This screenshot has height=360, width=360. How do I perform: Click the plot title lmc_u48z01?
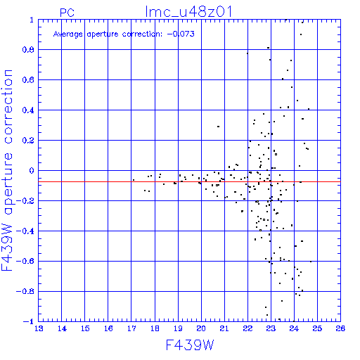[188, 12]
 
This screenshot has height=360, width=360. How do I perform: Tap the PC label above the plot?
[67, 13]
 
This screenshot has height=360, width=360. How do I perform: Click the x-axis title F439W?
[190, 345]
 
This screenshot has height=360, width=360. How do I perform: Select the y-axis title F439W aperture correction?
[7, 170]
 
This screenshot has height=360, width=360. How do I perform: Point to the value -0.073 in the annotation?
[181, 34]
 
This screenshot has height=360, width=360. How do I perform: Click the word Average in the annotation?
[68, 34]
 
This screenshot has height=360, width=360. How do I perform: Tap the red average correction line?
[189, 181]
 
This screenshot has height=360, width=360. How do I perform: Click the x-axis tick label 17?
[131, 328]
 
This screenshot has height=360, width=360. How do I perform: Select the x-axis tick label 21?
[224, 328]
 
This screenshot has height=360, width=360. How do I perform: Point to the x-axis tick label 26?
[340, 328]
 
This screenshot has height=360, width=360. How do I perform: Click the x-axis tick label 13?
[39, 328]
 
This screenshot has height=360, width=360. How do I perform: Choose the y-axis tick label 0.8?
[28, 50]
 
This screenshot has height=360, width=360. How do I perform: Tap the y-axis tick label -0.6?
[25, 261]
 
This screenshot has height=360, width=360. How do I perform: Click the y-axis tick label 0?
[32, 171]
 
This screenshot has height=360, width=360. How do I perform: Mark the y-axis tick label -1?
[29, 321]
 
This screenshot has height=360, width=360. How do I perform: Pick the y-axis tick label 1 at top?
[32, 20]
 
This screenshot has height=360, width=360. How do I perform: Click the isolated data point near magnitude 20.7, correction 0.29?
[218, 127]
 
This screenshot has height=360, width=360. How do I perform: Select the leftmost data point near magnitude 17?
[134, 180]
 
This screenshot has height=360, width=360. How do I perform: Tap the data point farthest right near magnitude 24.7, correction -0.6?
[311, 262]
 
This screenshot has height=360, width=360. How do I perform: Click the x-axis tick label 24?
[294, 328]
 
